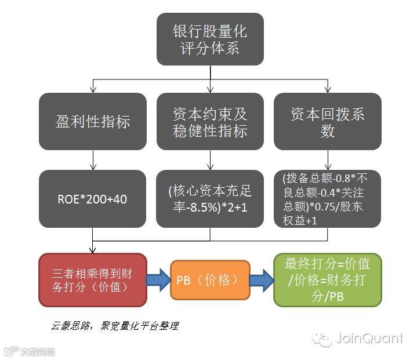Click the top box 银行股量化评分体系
[x=210, y=39]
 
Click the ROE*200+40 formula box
[x=93, y=199]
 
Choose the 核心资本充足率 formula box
[x=210, y=199]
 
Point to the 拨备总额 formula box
[x=328, y=199]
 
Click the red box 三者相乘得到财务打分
[x=93, y=279]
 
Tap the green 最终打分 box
[x=328, y=279]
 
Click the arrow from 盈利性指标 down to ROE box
[x=93, y=160]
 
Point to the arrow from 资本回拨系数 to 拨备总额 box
[x=328, y=160]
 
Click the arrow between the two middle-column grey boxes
[x=210, y=160]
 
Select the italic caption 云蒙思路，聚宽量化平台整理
[x=114, y=326]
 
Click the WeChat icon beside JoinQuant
[x=322, y=339]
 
